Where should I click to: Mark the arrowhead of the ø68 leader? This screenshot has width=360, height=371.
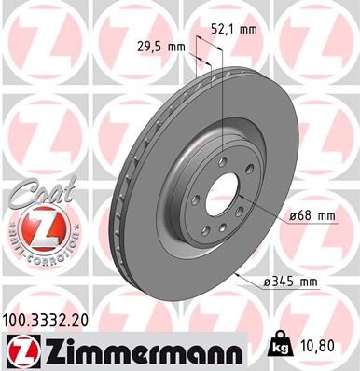point(245,199)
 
